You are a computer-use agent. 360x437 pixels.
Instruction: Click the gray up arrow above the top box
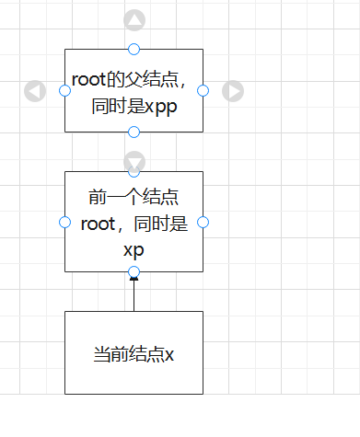[x=134, y=20]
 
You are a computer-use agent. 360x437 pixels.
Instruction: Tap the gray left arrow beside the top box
[x=35, y=90]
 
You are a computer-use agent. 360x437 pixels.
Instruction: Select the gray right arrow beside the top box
[x=234, y=90]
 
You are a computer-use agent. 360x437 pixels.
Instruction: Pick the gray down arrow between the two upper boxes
[x=134, y=161]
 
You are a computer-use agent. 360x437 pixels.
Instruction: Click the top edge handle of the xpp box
[x=134, y=49]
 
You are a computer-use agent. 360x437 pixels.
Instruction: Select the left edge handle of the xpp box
[x=64, y=90]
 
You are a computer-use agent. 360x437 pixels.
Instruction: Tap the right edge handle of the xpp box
[x=203, y=90]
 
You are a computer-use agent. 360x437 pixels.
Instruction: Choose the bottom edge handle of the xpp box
[x=134, y=132]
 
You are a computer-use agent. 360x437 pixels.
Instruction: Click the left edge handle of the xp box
[x=64, y=222]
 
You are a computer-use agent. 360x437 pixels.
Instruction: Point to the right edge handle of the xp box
[x=203, y=222]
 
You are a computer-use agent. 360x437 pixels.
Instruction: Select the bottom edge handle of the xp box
[x=134, y=271]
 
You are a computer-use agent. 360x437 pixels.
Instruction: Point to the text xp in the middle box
[x=134, y=248]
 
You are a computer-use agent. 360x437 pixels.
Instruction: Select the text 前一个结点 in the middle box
[x=134, y=198]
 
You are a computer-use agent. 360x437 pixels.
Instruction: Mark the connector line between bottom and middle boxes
[x=134, y=294]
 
